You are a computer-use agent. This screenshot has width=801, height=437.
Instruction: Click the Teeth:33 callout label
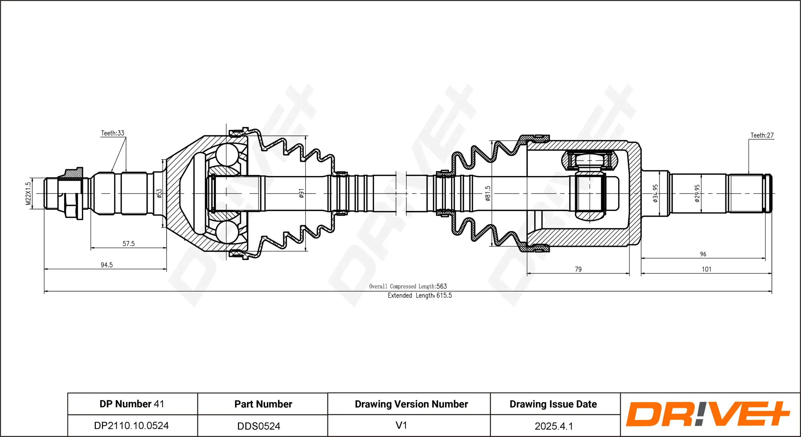click(x=112, y=133)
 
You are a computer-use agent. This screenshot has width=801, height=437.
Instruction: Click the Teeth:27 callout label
click(x=762, y=135)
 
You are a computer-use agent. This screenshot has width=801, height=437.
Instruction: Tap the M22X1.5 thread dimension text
click(x=28, y=193)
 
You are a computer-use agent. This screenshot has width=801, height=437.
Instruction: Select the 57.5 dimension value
click(x=128, y=244)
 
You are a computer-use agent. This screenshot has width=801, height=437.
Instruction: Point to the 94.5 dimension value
click(x=107, y=265)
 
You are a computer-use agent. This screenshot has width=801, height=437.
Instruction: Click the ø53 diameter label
click(x=159, y=193)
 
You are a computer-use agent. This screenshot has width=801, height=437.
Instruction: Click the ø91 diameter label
click(x=301, y=193)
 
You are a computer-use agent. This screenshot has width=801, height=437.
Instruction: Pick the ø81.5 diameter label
click(x=488, y=193)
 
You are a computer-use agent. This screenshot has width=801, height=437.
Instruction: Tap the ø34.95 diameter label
click(x=655, y=193)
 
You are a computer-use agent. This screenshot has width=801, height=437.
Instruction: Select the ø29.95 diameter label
click(x=697, y=193)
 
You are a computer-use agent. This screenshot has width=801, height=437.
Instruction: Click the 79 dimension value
click(x=578, y=269)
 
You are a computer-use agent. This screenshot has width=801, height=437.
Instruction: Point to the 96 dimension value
click(x=703, y=254)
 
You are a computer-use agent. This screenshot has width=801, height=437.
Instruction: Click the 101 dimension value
click(x=706, y=269)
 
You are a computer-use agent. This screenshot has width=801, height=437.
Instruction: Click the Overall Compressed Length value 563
click(x=442, y=286)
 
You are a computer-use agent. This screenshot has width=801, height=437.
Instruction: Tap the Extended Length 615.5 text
click(x=420, y=295)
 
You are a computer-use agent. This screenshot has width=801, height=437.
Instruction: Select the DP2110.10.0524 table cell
click(x=131, y=425)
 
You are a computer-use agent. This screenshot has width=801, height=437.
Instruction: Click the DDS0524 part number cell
click(x=259, y=426)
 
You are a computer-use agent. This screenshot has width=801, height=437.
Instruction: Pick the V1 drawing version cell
click(x=401, y=425)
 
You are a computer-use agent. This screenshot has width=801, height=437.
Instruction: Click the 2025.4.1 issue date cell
click(x=553, y=426)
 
